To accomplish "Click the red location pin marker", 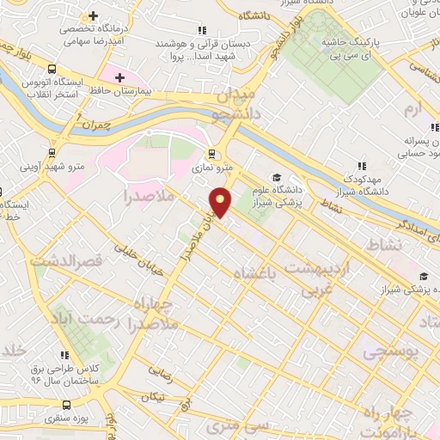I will pos(222,201).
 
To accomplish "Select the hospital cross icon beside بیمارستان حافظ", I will pos(119,77).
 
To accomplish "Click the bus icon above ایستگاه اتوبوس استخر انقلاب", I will pos(53,69).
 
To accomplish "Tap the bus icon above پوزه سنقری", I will pos(66,405).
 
